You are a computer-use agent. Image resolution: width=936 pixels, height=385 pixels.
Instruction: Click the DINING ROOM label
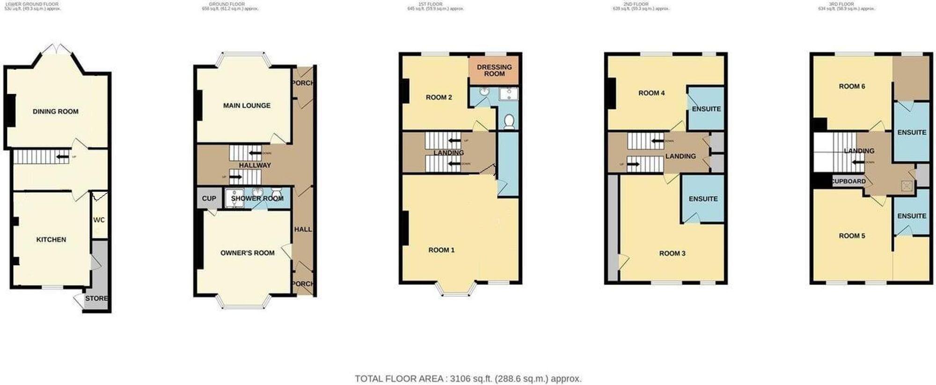tap(55, 111)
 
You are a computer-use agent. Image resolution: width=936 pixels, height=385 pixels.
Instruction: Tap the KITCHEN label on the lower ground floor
tap(51, 239)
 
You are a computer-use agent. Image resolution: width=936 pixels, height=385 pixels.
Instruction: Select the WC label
tap(99, 220)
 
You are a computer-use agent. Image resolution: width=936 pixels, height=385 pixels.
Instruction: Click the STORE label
tap(96, 298)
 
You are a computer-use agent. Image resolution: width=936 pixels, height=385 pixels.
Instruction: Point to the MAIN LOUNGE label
tap(247, 105)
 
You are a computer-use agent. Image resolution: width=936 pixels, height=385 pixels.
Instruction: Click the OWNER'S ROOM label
tap(247, 253)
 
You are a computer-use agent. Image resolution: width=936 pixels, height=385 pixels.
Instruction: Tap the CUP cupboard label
tap(209, 199)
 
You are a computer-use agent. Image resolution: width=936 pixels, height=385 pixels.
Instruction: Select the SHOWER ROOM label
tap(257, 199)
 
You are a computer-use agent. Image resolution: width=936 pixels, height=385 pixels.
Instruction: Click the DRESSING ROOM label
tap(494, 70)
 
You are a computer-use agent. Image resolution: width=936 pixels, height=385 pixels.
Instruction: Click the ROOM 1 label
tap(441, 250)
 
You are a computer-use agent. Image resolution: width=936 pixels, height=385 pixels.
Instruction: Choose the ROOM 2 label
tap(439, 97)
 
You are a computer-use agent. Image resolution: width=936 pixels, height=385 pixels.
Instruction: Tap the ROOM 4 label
tap(651, 93)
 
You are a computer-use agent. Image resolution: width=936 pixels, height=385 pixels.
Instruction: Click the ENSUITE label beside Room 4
tap(706, 109)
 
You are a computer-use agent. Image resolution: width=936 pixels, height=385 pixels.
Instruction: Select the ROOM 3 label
tap(672, 253)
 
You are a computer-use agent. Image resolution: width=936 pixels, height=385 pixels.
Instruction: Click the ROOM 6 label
tap(852, 86)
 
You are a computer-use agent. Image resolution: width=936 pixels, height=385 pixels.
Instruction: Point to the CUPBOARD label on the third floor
tap(848, 181)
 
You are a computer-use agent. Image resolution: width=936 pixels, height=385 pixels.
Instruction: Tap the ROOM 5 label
tap(852, 236)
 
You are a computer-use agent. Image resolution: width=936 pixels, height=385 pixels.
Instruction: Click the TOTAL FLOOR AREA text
tap(468, 378)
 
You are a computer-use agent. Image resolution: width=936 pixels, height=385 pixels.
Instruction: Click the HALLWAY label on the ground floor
tap(255, 165)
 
